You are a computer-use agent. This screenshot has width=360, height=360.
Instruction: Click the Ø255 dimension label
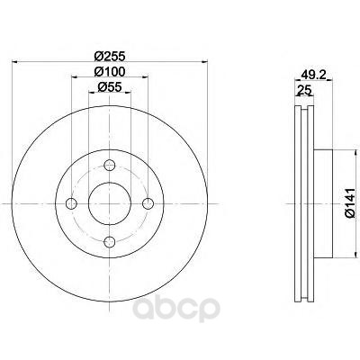110,56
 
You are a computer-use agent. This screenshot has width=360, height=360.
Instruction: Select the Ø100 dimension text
110,71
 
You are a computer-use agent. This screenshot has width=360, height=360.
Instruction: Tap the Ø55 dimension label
110,87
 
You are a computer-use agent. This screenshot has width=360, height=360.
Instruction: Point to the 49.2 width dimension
313,75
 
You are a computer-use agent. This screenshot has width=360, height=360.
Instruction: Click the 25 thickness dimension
304,90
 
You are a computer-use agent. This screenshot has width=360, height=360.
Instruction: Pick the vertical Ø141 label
350,202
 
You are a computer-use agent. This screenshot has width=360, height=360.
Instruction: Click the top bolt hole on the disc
110,165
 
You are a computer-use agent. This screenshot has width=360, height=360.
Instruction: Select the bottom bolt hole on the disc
110,242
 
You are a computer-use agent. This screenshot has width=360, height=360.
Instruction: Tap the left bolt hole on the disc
71,203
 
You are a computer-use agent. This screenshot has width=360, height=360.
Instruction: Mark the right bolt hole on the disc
148,203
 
